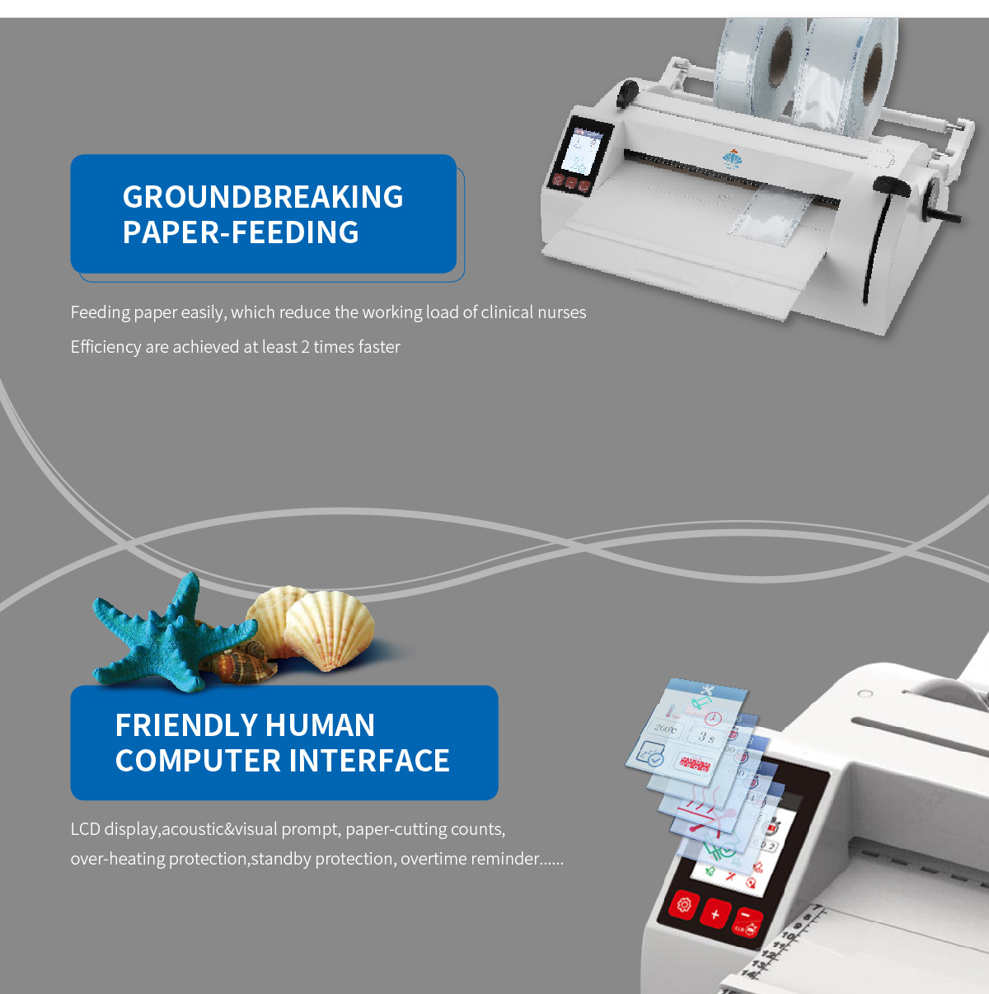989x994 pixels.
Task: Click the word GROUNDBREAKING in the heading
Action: (x=263, y=197)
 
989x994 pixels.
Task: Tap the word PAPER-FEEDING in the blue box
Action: (x=241, y=232)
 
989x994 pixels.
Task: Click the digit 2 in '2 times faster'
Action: (x=305, y=347)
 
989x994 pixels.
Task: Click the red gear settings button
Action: (x=684, y=905)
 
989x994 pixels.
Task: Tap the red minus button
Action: (x=746, y=917)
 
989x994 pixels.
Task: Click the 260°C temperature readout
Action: (x=666, y=729)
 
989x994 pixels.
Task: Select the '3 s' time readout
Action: (x=706, y=737)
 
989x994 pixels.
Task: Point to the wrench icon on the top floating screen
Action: (x=706, y=689)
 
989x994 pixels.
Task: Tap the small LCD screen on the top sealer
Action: (x=585, y=151)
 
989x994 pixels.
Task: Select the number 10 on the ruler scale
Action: (x=787, y=936)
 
